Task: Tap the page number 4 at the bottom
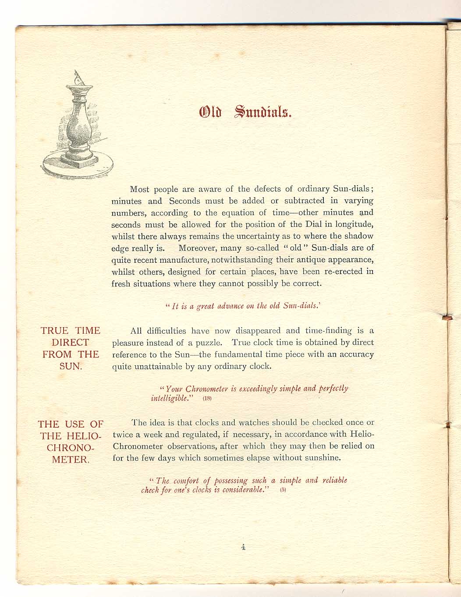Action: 243,547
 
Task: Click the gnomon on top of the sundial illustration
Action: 78,78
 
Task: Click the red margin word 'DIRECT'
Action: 70,343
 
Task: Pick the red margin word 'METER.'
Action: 71,460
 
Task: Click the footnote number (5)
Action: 283,490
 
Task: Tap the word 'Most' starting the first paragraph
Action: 140,189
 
